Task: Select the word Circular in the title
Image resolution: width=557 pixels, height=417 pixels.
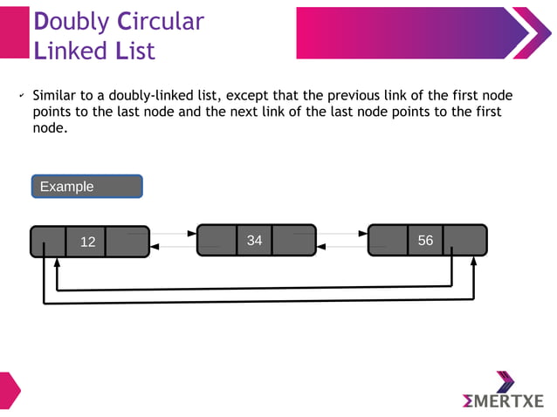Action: tap(161, 21)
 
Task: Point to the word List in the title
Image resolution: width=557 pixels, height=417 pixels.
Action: tap(135, 51)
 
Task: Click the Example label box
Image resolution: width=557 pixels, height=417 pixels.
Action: tap(86, 187)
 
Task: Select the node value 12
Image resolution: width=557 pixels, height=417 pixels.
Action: tap(87, 242)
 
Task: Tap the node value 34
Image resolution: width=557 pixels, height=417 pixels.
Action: tap(254, 240)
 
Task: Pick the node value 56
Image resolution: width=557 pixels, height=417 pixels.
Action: tap(425, 240)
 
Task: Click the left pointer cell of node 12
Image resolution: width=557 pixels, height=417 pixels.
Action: tap(48, 242)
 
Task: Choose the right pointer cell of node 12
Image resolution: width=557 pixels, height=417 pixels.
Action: tap(127, 242)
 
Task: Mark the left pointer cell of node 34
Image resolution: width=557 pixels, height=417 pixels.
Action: tap(217, 240)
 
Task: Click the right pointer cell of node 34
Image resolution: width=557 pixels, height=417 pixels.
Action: tap(293, 240)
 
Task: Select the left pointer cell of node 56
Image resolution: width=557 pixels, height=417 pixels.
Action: tap(388, 240)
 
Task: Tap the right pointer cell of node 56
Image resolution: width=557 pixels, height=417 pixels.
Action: tap(464, 240)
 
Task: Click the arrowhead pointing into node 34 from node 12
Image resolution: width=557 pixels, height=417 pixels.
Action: tap(192, 234)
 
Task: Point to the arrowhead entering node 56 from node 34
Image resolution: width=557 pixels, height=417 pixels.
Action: tap(363, 234)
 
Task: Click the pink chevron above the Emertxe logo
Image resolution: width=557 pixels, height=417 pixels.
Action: tap(505, 380)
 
